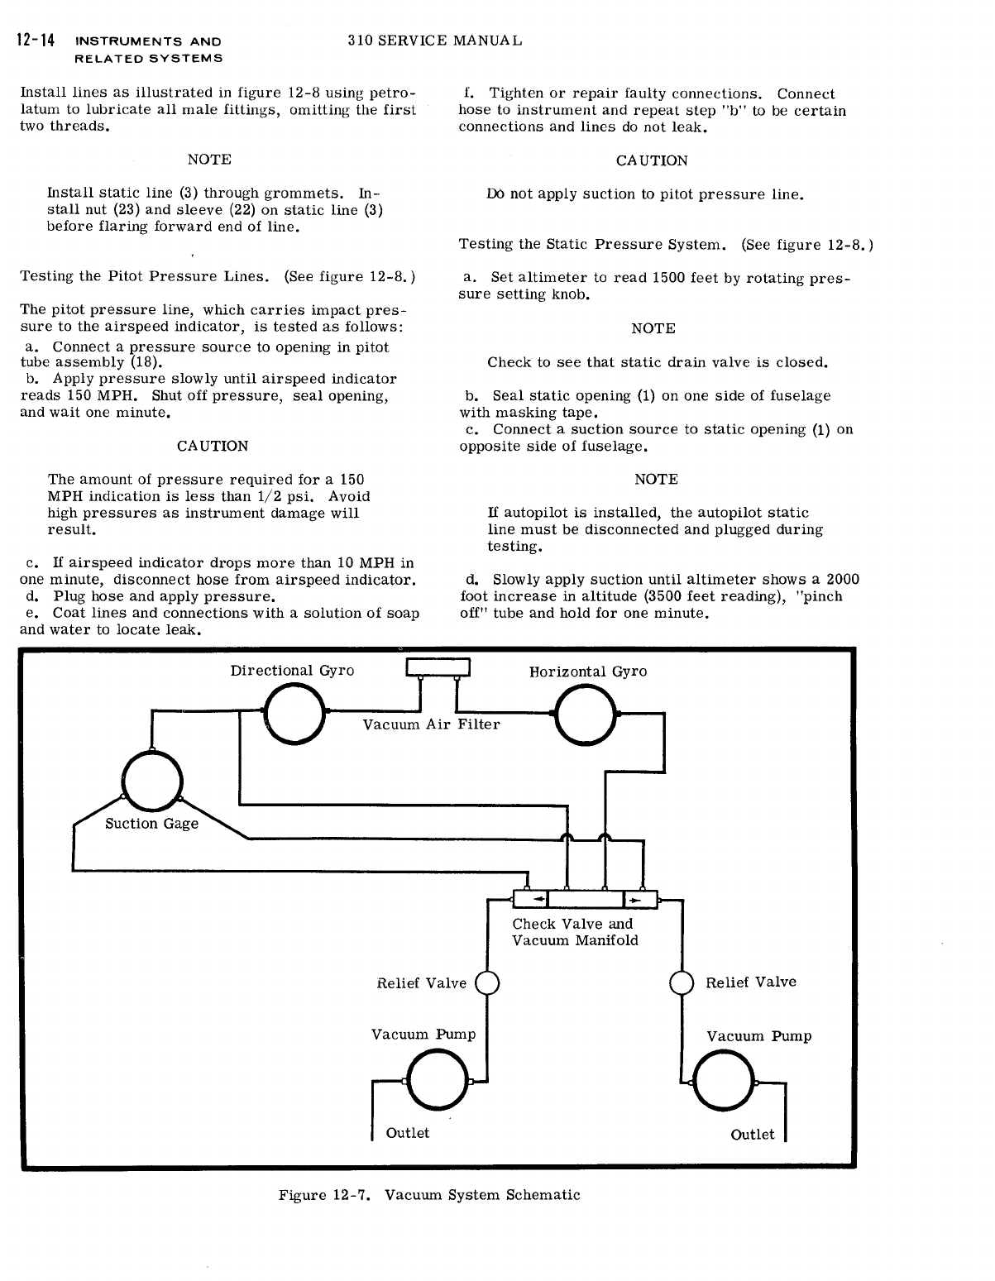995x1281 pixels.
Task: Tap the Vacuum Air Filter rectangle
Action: [x=438, y=667]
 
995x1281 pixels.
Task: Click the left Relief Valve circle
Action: [x=488, y=983]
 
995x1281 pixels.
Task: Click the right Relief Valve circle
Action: [x=682, y=983]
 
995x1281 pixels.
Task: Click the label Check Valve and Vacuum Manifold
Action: [x=575, y=932]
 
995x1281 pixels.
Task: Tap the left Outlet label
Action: [x=408, y=1133]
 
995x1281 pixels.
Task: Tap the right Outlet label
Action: [x=753, y=1135]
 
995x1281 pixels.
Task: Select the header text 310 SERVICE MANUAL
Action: [x=435, y=41]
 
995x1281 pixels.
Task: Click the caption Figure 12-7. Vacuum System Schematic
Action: [x=429, y=1194]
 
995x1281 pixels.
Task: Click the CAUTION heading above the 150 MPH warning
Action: [x=213, y=446]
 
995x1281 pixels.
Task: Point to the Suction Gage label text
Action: [x=151, y=824]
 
